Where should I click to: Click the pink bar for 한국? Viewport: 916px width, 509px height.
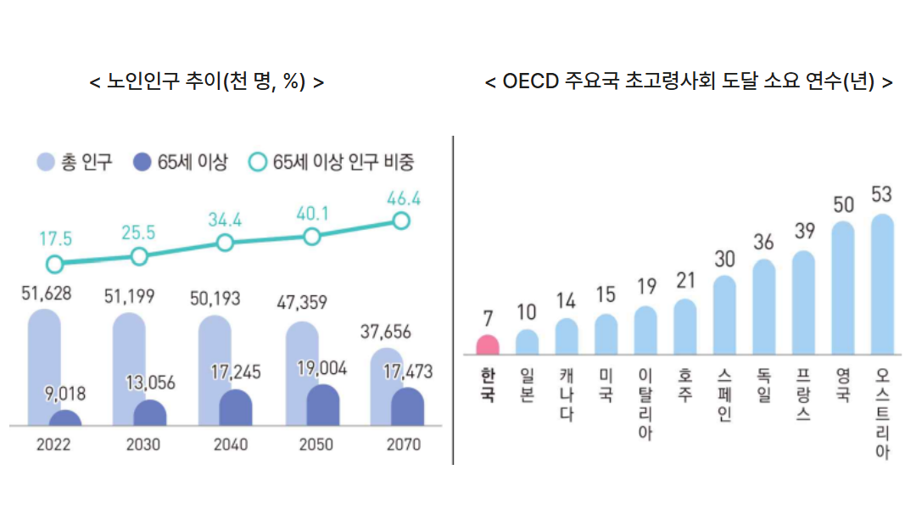click(487, 344)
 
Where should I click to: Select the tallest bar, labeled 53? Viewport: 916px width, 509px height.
click(882, 284)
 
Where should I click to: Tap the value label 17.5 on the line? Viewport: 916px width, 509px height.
click(55, 238)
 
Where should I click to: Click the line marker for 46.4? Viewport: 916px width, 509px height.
click(401, 221)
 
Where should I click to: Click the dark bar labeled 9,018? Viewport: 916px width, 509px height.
click(65, 418)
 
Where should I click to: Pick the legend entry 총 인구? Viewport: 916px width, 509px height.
click(75, 162)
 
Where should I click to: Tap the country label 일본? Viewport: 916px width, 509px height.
click(527, 384)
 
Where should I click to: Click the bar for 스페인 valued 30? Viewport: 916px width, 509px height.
click(724, 314)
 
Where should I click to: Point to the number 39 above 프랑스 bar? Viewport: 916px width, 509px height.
click(803, 231)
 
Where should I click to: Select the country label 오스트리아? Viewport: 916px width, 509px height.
click(882, 412)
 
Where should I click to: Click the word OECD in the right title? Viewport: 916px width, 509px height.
click(531, 82)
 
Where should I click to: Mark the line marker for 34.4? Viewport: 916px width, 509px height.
click(225, 243)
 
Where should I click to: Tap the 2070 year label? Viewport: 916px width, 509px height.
click(402, 445)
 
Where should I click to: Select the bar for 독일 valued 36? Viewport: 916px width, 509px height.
click(764, 306)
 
